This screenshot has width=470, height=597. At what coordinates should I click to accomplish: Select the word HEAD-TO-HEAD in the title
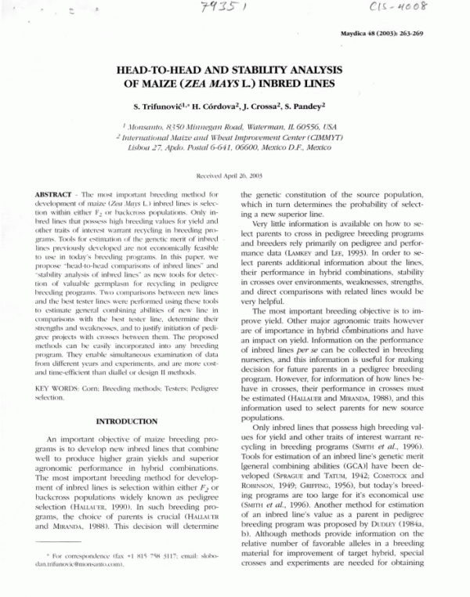point(161,69)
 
